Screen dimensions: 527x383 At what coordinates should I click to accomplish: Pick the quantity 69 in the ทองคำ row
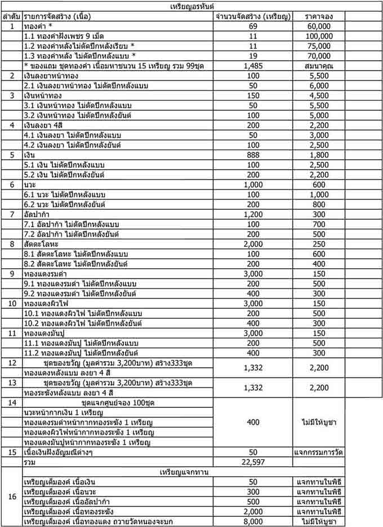253,26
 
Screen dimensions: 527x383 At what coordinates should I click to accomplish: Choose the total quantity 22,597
253,462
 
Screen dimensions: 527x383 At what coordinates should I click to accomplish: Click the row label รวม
29,462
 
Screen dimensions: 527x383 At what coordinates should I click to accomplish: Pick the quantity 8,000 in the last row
253,521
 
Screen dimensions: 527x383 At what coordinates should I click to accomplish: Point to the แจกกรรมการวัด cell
319,452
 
